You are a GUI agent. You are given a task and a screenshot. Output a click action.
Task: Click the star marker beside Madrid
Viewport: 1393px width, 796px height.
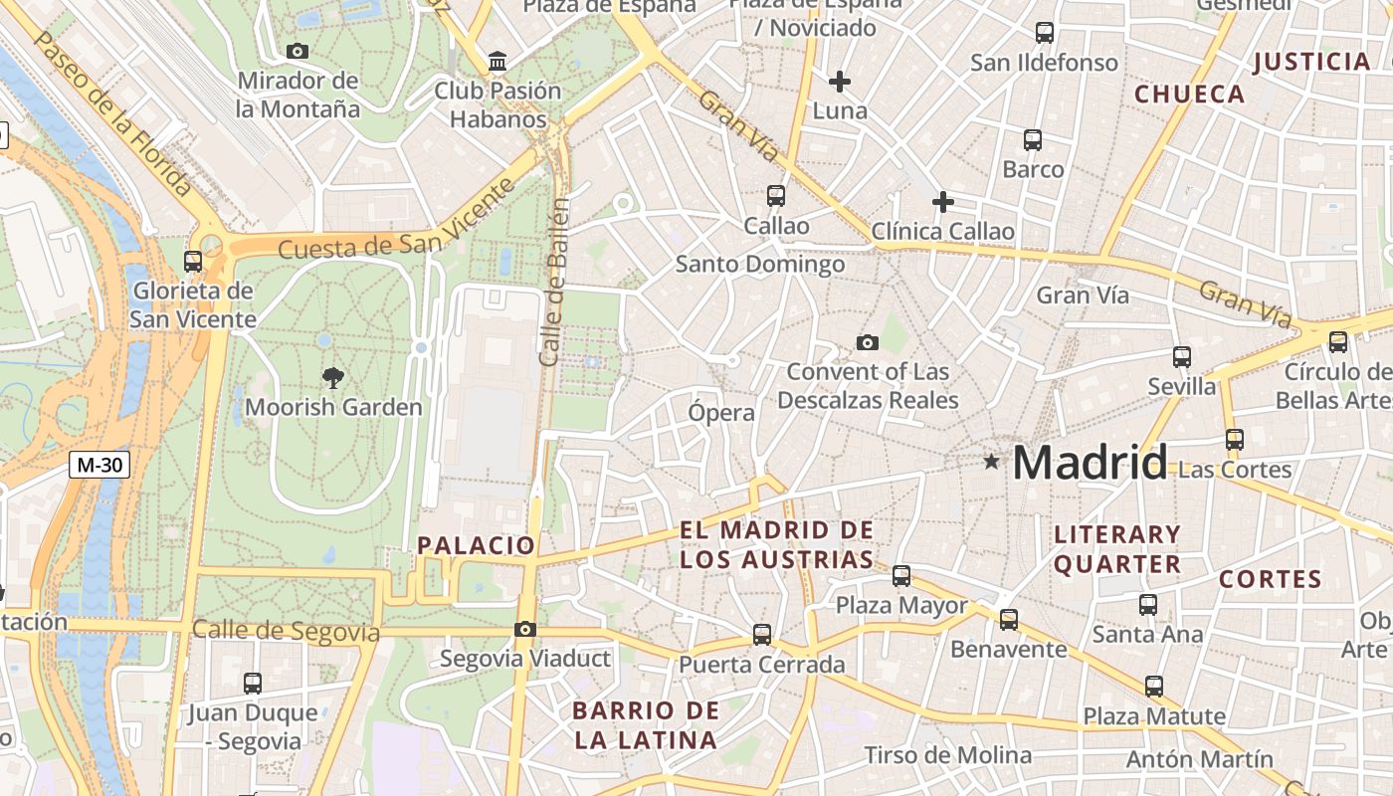[991, 462]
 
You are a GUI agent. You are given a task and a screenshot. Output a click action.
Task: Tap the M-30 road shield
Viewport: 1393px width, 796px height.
[100, 464]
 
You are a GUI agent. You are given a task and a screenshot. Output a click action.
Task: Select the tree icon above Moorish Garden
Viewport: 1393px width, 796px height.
[333, 377]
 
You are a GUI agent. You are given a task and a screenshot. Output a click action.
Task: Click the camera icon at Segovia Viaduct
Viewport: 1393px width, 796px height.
[524, 629]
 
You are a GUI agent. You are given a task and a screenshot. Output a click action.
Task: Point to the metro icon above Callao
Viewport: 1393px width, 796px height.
[776, 196]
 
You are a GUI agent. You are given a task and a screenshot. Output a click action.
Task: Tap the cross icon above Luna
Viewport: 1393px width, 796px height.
[840, 81]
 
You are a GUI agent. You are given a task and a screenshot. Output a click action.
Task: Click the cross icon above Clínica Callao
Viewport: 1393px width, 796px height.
[942, 203]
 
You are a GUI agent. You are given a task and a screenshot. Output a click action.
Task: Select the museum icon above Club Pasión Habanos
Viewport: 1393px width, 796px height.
[497, 63]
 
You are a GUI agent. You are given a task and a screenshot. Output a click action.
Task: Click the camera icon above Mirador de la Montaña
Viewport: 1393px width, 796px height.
[297, 51]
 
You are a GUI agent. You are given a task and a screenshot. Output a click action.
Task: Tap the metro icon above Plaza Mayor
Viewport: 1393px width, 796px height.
[901, 575]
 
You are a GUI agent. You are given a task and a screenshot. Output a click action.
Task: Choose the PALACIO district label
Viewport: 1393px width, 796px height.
[477, 545]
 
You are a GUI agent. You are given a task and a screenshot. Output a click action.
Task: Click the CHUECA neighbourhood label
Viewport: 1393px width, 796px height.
[1190, 95]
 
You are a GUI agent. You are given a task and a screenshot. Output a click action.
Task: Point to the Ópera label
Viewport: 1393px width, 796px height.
[721, 412]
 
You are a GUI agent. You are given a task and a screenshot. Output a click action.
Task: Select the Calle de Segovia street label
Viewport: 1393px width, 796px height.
[287, 631]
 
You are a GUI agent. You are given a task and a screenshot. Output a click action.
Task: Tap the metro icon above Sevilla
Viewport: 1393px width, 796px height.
[1182, 356]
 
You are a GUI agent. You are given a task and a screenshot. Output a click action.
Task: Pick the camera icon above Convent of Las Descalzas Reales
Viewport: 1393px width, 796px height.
[868, 343]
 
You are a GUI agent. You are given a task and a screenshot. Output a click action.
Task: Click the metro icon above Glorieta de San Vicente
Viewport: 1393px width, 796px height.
[193, 262]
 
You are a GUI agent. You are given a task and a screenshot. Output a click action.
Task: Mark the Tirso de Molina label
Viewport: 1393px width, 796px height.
[947, 755]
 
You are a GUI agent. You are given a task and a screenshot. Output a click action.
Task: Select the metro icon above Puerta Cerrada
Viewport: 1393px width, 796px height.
[762, 634]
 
